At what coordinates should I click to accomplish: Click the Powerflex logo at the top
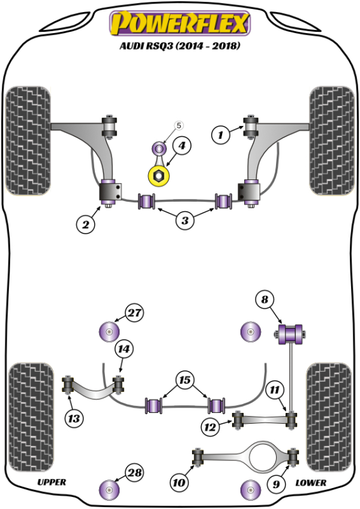click(179, 23)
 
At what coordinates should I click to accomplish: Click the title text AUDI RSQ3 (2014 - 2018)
click(179, 46)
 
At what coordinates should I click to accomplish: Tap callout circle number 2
click(86, 224)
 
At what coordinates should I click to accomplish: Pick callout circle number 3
click(185, 221)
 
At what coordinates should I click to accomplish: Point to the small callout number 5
click(178, 125)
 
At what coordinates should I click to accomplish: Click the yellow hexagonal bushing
click(160, 176)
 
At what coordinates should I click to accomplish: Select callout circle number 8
click(264, 298)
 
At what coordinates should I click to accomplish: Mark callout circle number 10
click(179, 481)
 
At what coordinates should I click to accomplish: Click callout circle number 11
click(274, 390)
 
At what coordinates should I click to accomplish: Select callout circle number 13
click(75, 418)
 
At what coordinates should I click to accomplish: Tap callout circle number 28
click(135, 473)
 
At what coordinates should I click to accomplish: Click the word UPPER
click(52, 482)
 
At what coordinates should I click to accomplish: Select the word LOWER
click(311, 482)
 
